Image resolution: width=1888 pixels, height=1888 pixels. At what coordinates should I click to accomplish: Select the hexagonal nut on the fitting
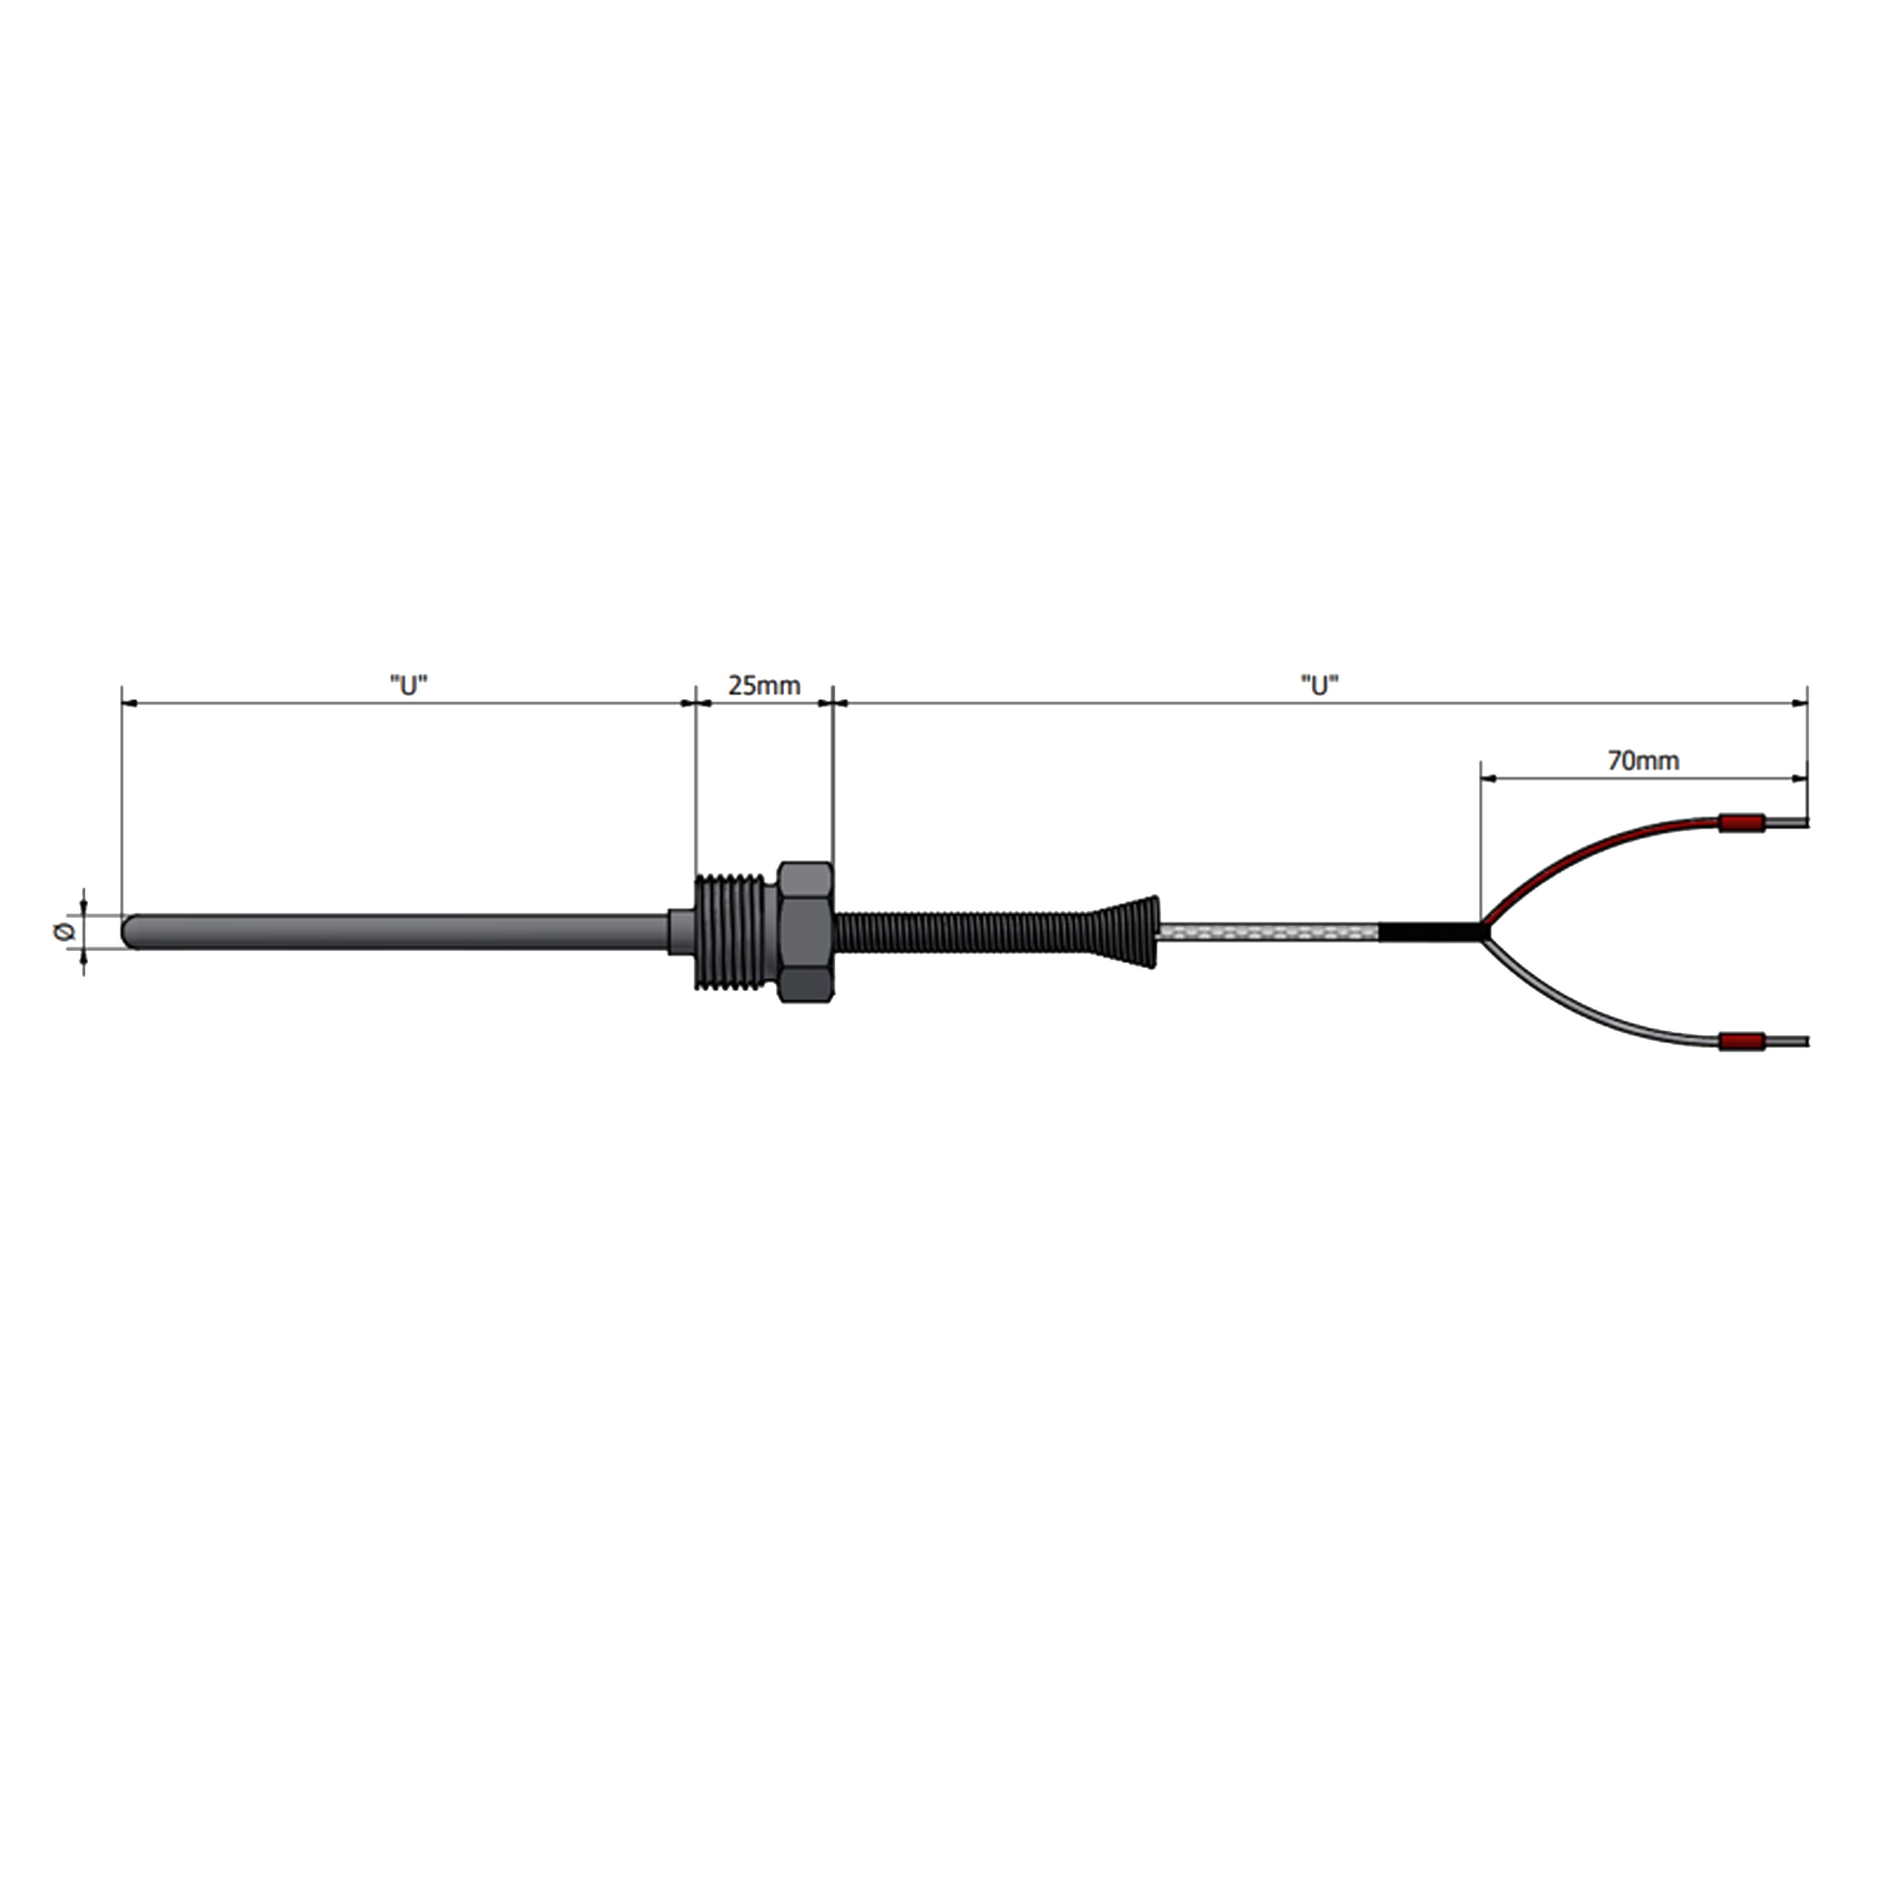pos(805,931)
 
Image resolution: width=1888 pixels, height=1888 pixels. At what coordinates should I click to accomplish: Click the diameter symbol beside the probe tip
pos(65,931)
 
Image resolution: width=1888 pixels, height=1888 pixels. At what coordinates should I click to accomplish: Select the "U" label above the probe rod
pos(408,685)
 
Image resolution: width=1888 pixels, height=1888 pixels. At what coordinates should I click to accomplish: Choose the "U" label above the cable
pos(1319,685)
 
